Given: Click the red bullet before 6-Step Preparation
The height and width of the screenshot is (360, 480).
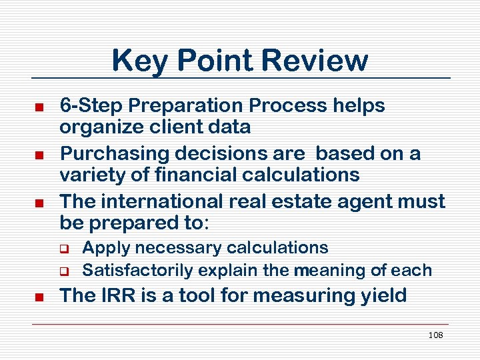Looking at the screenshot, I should click(39, 107).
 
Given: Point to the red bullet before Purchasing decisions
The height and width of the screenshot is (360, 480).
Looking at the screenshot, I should click(39, 155).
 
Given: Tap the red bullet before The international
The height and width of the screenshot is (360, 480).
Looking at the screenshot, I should click(39, 203).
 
